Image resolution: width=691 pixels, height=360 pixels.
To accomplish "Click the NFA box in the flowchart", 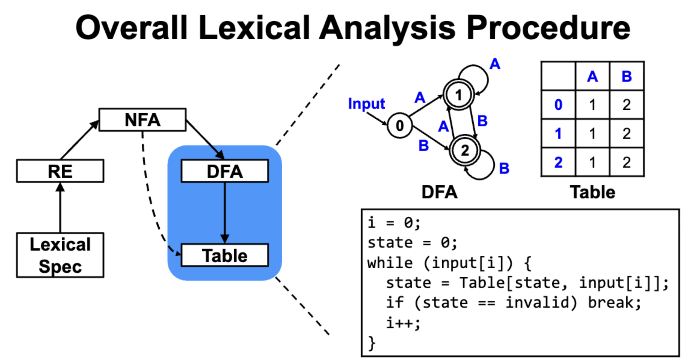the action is pos(143,120).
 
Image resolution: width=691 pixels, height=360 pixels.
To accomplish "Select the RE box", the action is pos(60,171).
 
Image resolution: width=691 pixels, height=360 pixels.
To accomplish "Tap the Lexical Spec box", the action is pos(60,255).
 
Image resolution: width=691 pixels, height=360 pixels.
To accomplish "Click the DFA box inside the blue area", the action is pos(225,171).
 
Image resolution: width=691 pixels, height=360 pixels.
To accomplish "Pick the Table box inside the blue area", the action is pos(225,255).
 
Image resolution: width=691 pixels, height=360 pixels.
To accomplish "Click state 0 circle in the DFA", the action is pos(400,126).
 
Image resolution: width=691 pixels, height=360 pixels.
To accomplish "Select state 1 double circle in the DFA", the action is pos(458,95).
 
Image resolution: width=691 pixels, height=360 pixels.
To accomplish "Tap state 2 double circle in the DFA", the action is pos(465,150).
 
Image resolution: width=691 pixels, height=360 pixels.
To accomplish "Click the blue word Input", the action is pos(366,104).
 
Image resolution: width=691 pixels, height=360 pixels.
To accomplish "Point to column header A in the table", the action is pos(592,76).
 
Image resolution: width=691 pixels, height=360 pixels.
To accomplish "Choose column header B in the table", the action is pos(627,76).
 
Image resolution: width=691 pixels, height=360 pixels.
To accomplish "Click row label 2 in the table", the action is pos(558,162).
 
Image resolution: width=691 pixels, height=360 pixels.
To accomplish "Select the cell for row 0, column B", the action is pos(627,105).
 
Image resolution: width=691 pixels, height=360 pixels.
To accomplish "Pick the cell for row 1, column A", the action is pos(592,133).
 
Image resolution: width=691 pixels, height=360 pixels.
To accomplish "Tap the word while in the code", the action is pos(390,263).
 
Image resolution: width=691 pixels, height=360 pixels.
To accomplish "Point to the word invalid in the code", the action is pos(537,302).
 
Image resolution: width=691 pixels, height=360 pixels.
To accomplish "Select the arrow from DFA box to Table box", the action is pos(225,213).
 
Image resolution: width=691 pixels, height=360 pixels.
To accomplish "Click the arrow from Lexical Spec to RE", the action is pos(60,207).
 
